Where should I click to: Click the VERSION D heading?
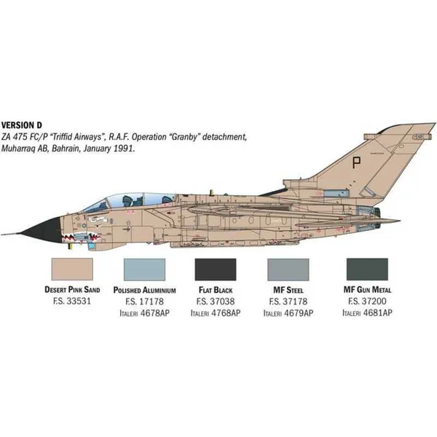(x=21, y=125)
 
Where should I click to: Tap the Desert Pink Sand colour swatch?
(x=72, y=269)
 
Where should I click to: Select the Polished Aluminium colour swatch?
(x=144, y=269)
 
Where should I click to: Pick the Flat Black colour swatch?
(x=216, y=269)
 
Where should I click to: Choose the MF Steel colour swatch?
(x=288, y=269)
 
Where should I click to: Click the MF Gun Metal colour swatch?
(x=367, y=269)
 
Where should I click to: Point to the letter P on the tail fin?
(x=355, y=162)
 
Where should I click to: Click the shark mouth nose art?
(x=81, y=237)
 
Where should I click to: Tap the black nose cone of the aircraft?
(x=42, y=230)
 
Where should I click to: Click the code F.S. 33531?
(x=72, y=301)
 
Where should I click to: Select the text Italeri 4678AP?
(x=144, y=313)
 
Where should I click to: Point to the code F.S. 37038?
(x=216, y=302)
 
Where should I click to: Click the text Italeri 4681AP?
(x=367, y=312)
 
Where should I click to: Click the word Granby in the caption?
(x=183, y=137)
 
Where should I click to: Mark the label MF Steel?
(x=288, y=290)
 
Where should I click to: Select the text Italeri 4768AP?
(x=216, y=313)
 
